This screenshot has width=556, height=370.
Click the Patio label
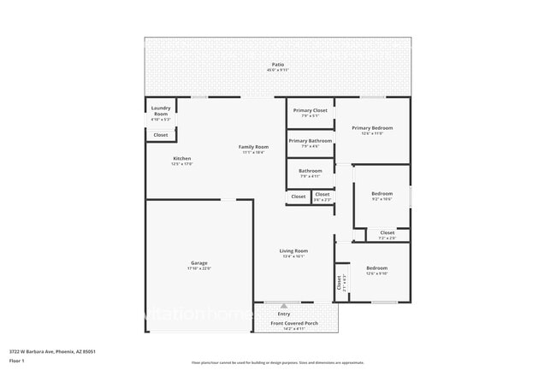click(277, 64)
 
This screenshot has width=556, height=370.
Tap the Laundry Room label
click(161, 109)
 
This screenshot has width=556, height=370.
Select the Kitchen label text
click(182, 158)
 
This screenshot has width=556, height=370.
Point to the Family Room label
click(253, 147)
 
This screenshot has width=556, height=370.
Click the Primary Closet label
click(310, 110)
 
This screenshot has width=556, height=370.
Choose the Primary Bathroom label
click(310, 140)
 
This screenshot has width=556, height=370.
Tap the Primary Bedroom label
click(372, 127)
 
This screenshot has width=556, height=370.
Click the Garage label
click(198, 262)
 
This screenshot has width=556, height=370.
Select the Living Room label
click(293, 250)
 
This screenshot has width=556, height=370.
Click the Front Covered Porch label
click(294, 324)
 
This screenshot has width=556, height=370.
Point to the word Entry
click(284, 314)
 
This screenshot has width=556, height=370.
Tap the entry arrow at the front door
click(284, 305)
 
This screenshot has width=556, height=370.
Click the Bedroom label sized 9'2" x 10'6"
click(382, 194)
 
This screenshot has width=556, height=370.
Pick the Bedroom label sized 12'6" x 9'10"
click(376, 267)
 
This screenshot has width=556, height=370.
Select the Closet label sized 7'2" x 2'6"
click(387, 232)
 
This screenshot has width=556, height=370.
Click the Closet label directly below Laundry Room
click(161, 135)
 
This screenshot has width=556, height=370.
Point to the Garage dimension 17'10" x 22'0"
click(198, 268)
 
